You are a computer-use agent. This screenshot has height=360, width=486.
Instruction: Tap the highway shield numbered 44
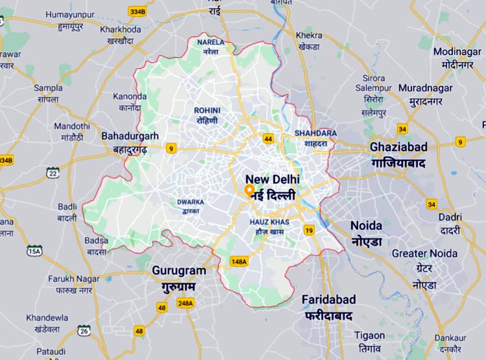tap(268, 138)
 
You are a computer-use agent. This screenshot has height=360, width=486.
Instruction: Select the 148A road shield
tap(238, 261)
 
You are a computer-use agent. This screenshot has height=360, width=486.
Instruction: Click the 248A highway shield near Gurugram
tap(185, 303)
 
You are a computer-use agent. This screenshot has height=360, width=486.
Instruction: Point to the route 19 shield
tap(309, 230)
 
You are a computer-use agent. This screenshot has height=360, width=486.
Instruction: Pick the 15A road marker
tap(34, 250)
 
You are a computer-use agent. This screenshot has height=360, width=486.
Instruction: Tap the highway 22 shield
tap(53, 172)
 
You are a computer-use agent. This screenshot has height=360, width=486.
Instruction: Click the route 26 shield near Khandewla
tap(84, 331)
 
